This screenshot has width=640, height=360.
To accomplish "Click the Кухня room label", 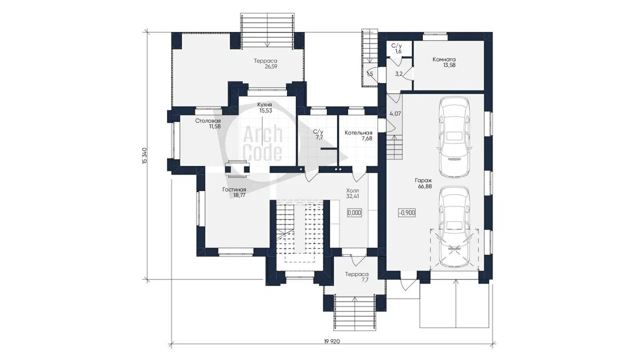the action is coord(265,105).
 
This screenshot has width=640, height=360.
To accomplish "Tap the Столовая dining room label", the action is coord(207,121).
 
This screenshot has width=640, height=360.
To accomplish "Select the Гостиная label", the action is coord(234,190).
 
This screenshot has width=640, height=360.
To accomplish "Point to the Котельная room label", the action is coord(358,133).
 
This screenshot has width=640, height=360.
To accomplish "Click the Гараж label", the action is coord(423,181).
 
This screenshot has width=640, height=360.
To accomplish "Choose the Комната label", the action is coord(444,59).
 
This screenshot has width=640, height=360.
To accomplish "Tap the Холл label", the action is coord(353,190).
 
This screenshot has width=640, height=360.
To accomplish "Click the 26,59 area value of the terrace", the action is coord(271,67).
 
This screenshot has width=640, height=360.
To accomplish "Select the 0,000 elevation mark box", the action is coord(355,213).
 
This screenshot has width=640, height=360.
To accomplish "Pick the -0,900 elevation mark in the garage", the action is coord(407,213).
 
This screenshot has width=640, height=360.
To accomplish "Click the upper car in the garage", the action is coord(455,137).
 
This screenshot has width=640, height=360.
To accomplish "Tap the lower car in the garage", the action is coord(455,227).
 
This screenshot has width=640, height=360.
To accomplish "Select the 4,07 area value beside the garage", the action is coord(395,114).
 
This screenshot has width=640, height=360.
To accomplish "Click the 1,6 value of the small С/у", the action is coord(398,51).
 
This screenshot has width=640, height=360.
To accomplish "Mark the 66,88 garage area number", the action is coord(423,186).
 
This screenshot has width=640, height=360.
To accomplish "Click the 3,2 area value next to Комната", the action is coord(398,74).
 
